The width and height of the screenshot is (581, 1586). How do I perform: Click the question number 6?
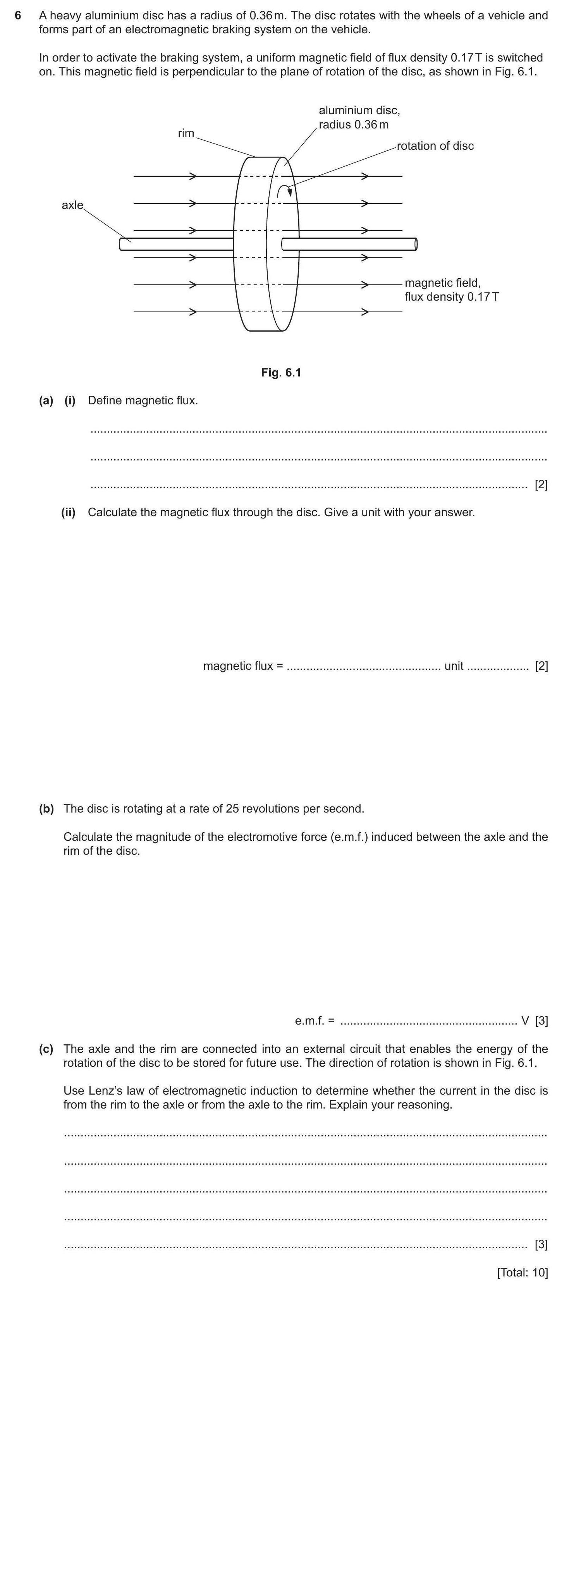(18, 15)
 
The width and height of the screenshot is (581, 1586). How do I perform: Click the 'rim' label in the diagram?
(186, 133)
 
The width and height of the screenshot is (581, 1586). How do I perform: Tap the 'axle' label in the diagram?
(72, 205)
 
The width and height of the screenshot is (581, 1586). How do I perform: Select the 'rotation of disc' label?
(435, 146)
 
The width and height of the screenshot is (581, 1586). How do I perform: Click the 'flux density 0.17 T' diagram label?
(452, 297)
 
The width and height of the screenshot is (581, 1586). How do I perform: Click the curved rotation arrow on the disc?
(284, 191)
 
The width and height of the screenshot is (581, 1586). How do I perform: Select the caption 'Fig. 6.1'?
(281, 373)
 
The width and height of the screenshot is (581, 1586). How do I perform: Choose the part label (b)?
(46, 808)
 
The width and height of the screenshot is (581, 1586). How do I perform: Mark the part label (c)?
(46, 1049)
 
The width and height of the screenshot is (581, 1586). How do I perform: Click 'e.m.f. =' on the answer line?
(314, 1021)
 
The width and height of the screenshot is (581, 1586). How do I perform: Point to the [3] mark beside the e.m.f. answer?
(541, 1021)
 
